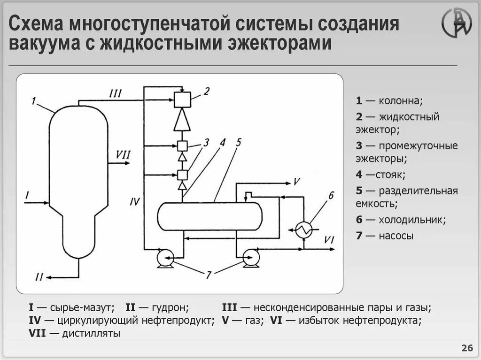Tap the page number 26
(x=467, y=348)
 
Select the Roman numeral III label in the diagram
(x=115, y=93)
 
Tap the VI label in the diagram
(x=328, y=240)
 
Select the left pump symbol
(x=165, y=257)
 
